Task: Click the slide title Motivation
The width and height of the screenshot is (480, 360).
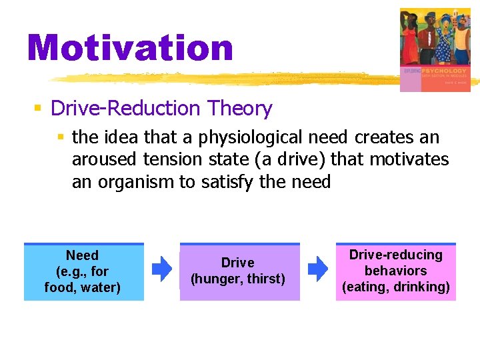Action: point(131,47)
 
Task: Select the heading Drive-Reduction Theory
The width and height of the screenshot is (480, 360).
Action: point(161,108)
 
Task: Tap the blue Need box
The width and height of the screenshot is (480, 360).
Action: point(83,272)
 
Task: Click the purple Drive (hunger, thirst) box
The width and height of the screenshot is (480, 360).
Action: point(239,272)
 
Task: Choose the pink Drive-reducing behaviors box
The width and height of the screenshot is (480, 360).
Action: point(396,271)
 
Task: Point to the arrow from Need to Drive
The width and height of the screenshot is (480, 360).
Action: point(161,269)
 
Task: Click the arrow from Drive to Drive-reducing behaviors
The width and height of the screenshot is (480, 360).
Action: point(317,269)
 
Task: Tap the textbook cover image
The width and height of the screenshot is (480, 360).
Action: point(435,49)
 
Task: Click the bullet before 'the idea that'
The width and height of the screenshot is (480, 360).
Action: point(61,138)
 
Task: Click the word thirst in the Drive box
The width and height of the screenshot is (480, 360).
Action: point(266,279)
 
